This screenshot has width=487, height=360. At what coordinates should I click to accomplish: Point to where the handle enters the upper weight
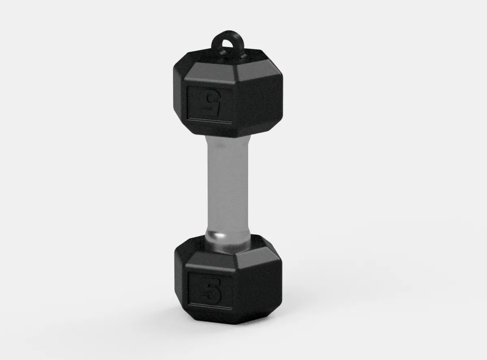227,138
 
